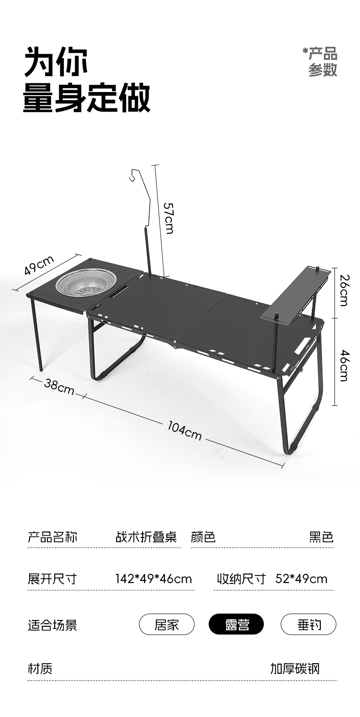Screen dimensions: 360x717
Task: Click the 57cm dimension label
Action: tap(169, 218)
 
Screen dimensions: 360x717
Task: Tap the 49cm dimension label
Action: tap(39, 266)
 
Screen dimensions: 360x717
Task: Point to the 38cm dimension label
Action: tap(59, 386)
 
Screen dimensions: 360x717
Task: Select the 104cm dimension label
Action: tap(185, 430)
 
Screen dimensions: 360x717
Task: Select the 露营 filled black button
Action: tap(236, 625)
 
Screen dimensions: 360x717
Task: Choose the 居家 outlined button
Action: tap(167, 625)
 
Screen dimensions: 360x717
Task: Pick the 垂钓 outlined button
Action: tap(308, 625)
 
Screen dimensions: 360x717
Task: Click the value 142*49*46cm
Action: tap(153, 579)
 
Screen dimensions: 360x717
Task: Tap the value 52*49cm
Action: tap(301, 579)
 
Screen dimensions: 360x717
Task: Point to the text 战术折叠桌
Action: tap(146, 537)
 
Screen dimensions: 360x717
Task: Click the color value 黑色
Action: tap(321, 537)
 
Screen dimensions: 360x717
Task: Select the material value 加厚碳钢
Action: tap(295, 668)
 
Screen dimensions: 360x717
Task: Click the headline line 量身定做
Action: tap(87, 98)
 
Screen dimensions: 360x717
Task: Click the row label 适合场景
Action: tap(52, 625)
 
